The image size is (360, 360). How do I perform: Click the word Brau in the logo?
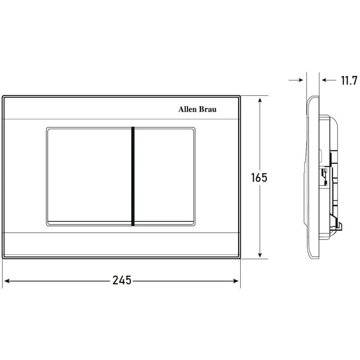(207, 109)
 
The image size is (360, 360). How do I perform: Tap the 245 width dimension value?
(121, 280)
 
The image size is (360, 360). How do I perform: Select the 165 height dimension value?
(259, 177)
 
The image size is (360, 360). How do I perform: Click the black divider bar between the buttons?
(133, 176)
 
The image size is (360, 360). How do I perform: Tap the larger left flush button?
(89, 176)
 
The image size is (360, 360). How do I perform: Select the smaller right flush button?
(164, 176)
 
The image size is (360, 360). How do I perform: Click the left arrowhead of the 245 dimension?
(7, 281)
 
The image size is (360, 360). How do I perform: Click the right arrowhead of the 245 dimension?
(236, 281)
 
